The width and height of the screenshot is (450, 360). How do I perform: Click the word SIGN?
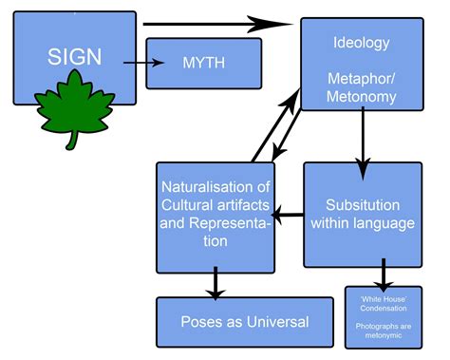[75, 56]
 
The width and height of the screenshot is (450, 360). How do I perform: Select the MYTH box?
[203, 63]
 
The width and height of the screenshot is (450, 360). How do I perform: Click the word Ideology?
[361, 43]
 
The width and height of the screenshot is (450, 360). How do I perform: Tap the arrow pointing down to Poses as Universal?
[216, 281]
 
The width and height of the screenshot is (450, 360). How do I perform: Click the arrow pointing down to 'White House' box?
[384, 275]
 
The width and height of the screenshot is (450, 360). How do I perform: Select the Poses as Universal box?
[245, 321]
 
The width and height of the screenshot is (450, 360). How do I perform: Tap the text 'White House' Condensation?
[383, 307]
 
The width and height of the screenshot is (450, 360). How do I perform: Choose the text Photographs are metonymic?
[383, 332]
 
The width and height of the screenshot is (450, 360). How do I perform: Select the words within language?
[364, 224]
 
